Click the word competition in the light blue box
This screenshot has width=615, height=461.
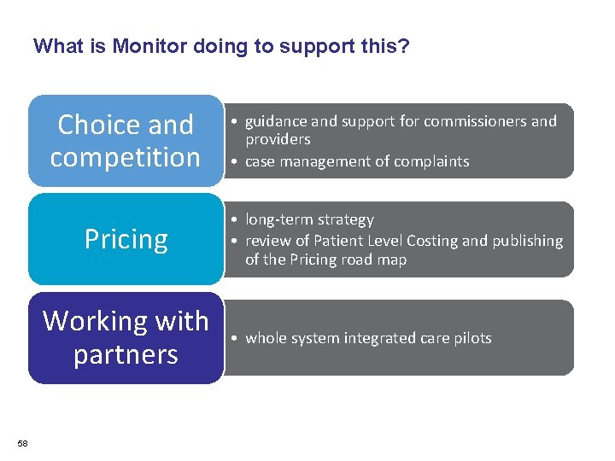tap(125, 157)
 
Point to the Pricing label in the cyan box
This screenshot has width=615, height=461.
tap(126, 239)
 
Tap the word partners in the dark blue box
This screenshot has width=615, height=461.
tap(126, 353)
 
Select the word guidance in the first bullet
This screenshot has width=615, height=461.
tap(278, 121)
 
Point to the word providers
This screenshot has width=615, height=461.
tap(278, 139)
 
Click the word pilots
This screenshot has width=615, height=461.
tap(471, 338)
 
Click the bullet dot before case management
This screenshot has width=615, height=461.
tap(233, 161)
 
